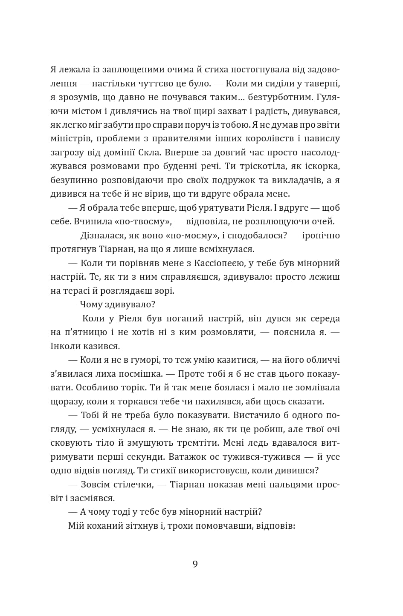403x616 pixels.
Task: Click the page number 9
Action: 195,564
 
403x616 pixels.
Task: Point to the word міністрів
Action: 70,138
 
